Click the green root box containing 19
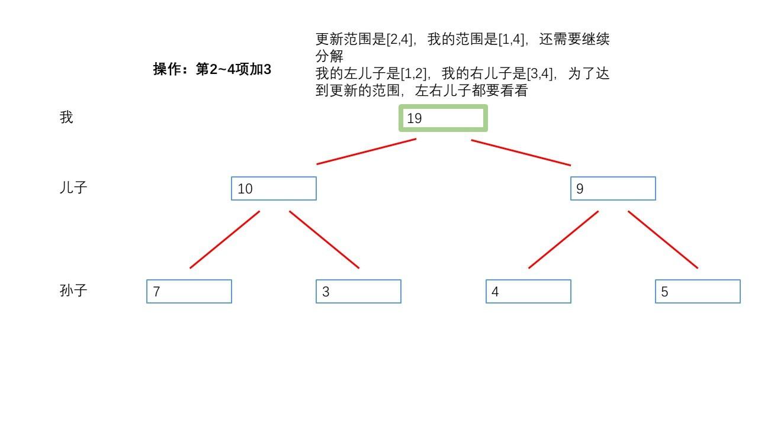[x=443, y=118]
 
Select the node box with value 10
[x=274, y=189]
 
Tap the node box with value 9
[x=613, y=189]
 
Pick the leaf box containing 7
[x=189, y=292]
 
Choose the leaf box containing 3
[x=358, y=292]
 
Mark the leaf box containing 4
[x=528, y=292]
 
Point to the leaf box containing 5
[x=698, y=292]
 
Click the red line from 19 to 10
[x=367, y=151]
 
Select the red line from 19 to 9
[x=521, y=153]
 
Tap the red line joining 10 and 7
[x=225, y=240]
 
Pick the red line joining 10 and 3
[x=324, y=240]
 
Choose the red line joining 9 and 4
[x=563, y=240]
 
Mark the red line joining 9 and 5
[x=663, y=240]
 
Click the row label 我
[x=66, y=118]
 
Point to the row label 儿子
[x=73, y=188]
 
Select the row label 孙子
[x=73, y=291]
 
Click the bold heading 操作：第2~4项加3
[x=212, y=69]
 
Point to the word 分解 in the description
[x=329, y=57]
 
